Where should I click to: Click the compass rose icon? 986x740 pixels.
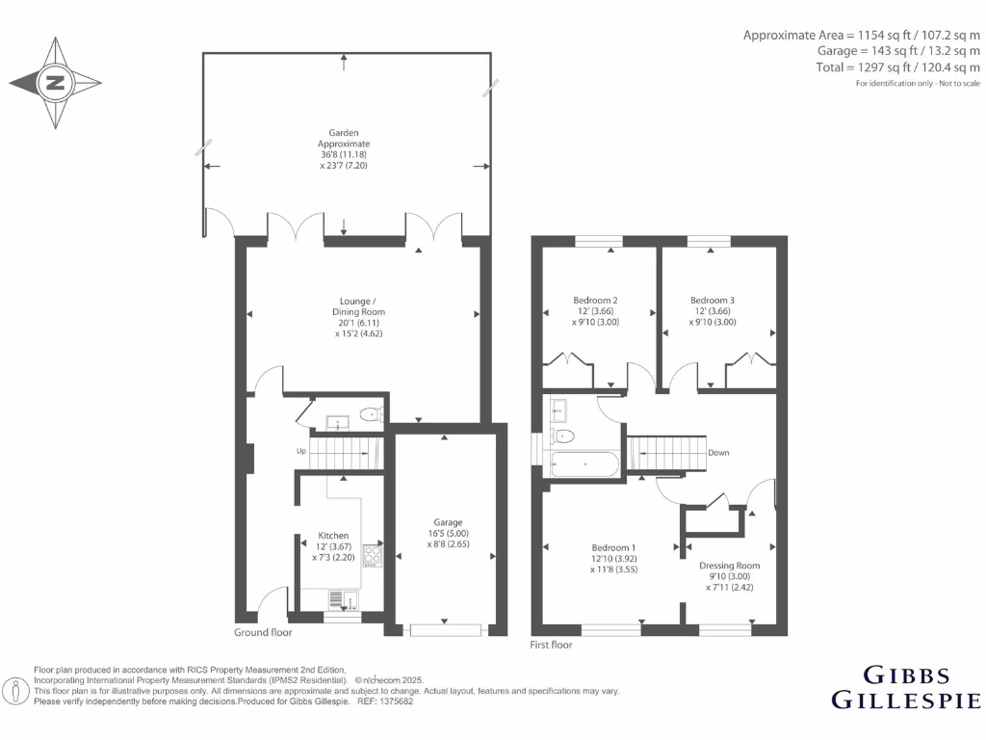click(x=56, y=83)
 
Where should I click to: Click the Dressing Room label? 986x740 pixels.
click(x=729, y=575)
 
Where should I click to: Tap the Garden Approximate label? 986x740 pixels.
click(x=344, y=149)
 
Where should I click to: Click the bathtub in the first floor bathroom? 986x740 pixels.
click(x=584, y=464)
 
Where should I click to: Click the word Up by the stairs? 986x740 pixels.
click(x=300, y=451)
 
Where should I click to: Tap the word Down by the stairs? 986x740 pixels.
click(x=718, y=452)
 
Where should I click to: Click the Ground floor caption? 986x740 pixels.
click(x=263, y=633)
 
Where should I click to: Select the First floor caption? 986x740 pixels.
click(x=552, y=645)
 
